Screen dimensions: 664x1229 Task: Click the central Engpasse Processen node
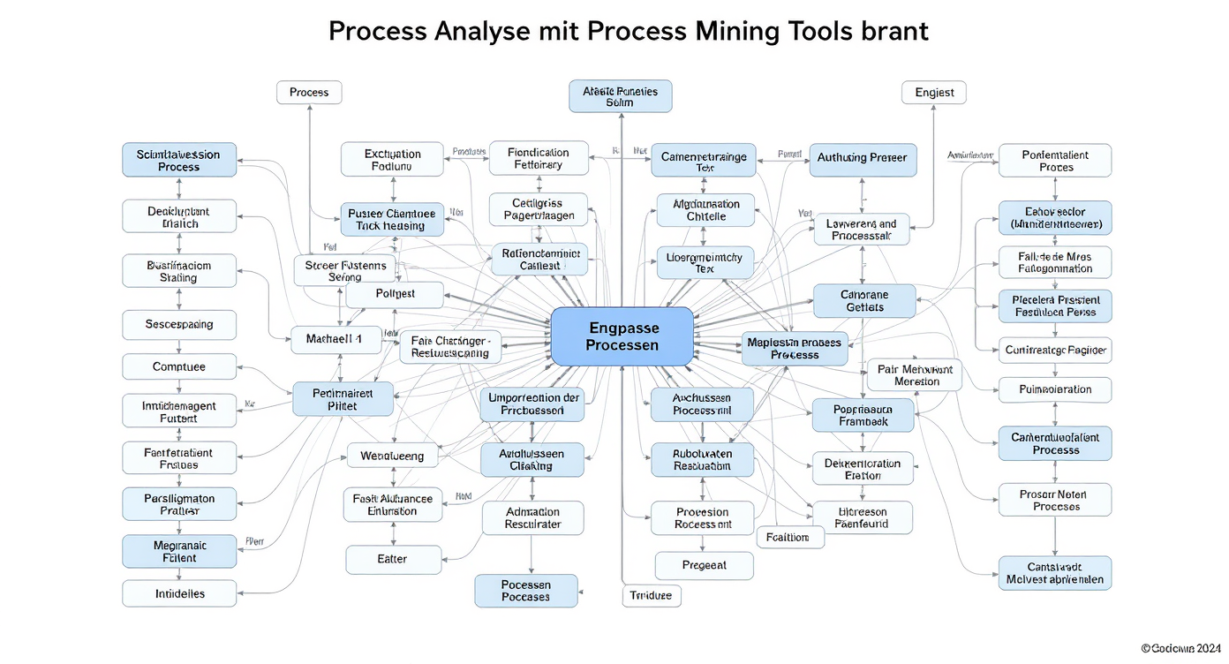pyautogui.click(x=622, y=336)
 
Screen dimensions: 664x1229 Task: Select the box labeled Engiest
pyautogui.click(x=934, y=92)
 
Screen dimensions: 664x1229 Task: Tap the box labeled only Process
pyautogui.click(x=309, y=92)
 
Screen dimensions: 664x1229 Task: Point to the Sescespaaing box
pyautogui.click(x=179, y=324)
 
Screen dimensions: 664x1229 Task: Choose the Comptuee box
pyautogui.click(x=179, y=366)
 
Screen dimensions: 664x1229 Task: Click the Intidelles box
pyautogui.click(x=179, y=593)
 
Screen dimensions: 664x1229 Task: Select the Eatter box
pyautogui.click(x=392, y=559)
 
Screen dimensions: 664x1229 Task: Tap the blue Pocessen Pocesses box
pyautogui.click(x=526, y=591)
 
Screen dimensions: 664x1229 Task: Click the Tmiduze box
pyautogui.click(x=652, y=596)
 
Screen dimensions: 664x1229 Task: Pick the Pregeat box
pyautogui.click(x=705, y=565)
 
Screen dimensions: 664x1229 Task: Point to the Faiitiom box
pyautogui.click(x=789, y=537)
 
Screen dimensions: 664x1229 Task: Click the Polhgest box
pyautogui.click(x=395, y=293)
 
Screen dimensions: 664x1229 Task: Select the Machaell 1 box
pyautogui.click(x=334, y=339)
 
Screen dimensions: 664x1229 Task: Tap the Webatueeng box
pyautogui.click(x=392, y=456)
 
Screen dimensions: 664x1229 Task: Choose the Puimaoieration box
pyautogui.click(x=1055, y=389)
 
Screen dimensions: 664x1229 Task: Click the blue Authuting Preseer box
pyautogui.click(x=861, y=159)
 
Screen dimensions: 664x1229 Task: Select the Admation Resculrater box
pyautogui.click(x=532, y=517)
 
